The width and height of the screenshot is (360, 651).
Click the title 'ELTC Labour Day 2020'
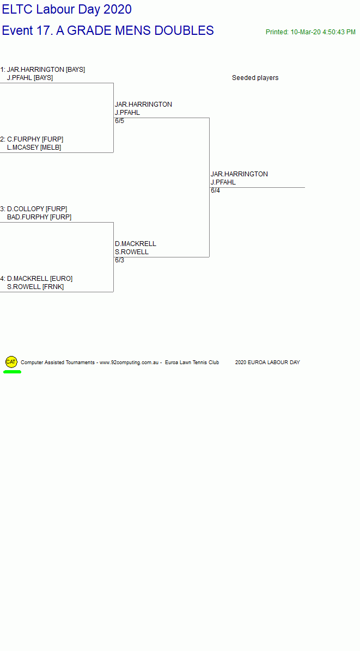(67, 9)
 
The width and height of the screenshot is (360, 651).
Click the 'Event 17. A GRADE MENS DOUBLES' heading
(108, 30)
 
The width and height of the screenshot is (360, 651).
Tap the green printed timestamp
(310, 32)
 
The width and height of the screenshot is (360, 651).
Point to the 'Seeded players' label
(255, 78)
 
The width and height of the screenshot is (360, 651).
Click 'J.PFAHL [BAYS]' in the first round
(30, 78)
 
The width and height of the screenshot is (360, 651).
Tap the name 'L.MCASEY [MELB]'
(34, 148)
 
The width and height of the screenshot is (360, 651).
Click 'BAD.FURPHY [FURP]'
(39, 217)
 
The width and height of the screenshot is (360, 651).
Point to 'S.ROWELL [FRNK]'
(35, 287)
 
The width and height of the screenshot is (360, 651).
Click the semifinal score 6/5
(120, 121)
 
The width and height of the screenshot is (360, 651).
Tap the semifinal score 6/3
(120, 260)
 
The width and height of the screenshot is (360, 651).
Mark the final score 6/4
(216, 191)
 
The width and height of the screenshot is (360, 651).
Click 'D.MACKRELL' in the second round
(136, 244)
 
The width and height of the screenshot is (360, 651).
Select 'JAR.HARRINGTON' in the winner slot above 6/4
(239, 174)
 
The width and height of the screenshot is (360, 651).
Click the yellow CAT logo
(11, 362)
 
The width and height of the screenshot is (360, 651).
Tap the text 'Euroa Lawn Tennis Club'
(192, 363)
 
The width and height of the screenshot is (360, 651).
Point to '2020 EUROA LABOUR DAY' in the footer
(267, 363)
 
